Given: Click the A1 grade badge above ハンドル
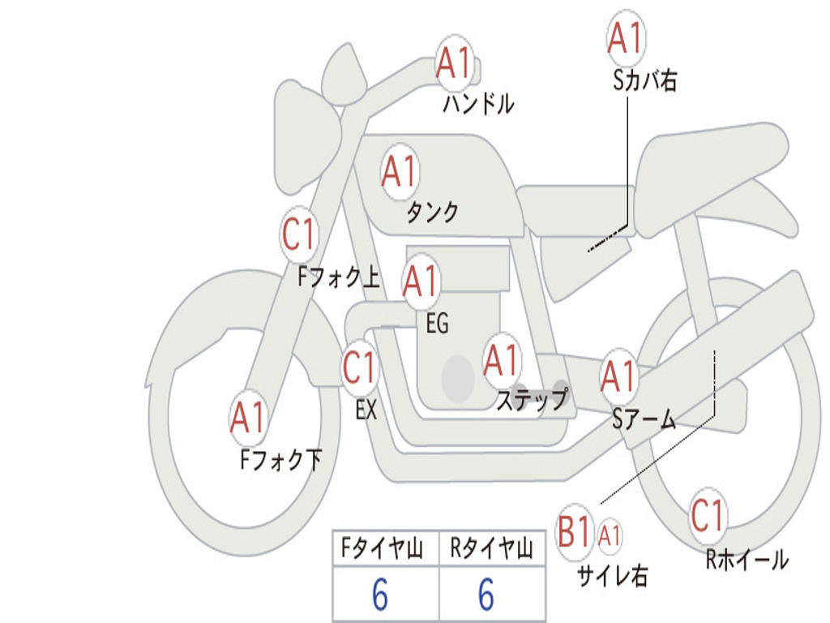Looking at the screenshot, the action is tap(455, 63).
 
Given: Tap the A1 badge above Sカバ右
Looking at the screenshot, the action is tap(625, 37).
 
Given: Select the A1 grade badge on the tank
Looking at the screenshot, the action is tap(400, 171).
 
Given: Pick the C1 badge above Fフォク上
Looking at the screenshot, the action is tap(299, 235).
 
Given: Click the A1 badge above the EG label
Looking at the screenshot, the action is tap(421, 281).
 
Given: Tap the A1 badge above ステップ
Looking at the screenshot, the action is tap(502, 360).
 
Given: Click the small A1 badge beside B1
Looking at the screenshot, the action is tap(610, 535).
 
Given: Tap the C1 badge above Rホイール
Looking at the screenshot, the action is tap(708, 515).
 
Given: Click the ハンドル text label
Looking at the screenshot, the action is tap(478, 104).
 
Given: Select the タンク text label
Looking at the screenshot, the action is tap(432, 213).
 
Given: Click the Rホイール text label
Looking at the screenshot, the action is tap(746, 559).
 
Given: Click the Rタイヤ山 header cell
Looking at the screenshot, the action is tap(491, 550).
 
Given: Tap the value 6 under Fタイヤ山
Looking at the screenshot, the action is tap(380, 595).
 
